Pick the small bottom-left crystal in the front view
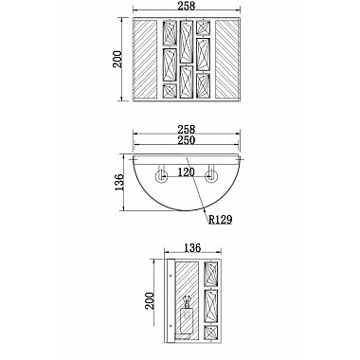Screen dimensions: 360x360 (x=169, y=91)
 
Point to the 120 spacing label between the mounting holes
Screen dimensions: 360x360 (x=186, y=173)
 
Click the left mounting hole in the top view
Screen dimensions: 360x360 (x=162, y=176)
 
